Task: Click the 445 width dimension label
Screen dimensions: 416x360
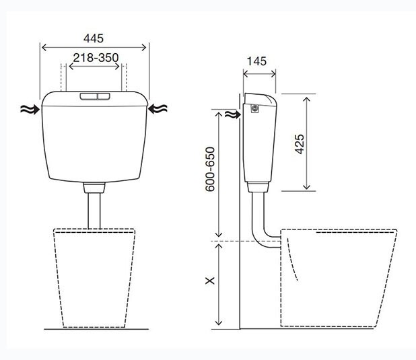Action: click(x=94, y=38)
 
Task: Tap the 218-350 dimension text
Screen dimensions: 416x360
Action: click(x=96, y=58)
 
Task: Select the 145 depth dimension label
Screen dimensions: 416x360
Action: click(x=256, y=61)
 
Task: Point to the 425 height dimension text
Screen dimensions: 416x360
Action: click(x=300, y=144)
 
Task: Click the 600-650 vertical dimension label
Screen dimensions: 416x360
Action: click(x=210, y=169)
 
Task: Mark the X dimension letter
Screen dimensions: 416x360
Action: click(x=210, y=281)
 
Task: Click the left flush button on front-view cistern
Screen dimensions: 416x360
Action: click(x=89, y=96)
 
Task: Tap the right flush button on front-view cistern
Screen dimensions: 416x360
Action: click(x=104, y=96)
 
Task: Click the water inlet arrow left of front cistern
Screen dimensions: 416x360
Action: click(x=30, y=109)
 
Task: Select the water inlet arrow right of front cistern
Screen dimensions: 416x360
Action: click(x=158, y=109)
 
